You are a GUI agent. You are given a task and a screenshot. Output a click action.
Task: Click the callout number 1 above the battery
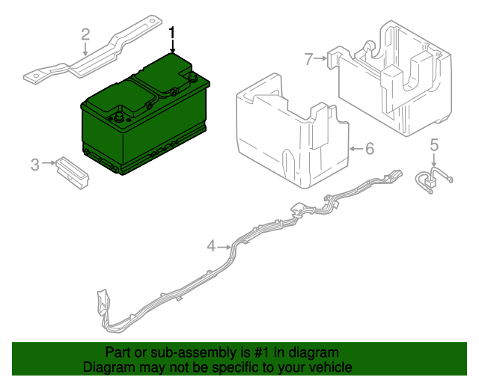[173, 34]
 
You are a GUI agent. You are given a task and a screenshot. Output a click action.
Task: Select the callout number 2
[85, 34]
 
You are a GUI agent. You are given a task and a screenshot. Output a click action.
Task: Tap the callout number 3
[34, 164]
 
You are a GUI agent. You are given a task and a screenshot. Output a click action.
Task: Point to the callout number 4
[211, 245]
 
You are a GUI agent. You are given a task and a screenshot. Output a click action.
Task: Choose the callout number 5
[434, 144]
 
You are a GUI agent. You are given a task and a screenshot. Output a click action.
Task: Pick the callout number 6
[369, 149]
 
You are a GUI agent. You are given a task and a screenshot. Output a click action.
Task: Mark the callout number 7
[308, 58]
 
